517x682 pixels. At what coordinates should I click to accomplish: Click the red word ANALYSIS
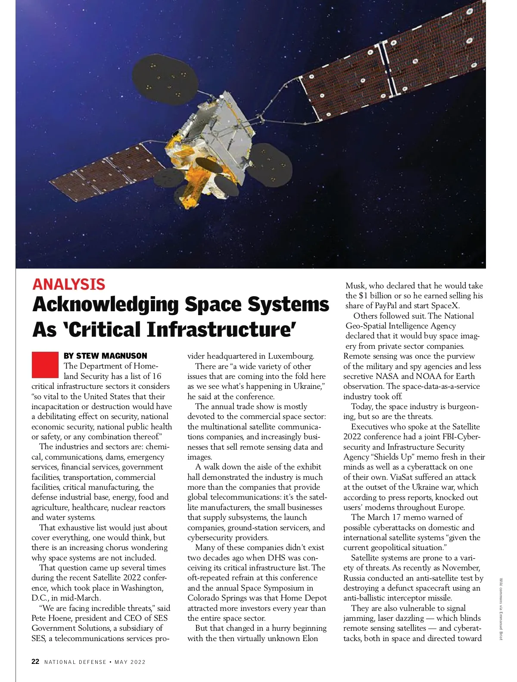click(69, 284)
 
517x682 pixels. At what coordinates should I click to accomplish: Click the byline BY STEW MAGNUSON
click(105, 356)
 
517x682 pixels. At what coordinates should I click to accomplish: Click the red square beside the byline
click(45, 364)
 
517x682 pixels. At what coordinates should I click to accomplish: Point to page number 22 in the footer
click(35, 662)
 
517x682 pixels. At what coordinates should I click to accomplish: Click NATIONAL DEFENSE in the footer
click(75, 662)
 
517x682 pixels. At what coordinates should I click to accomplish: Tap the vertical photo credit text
click(501, 609)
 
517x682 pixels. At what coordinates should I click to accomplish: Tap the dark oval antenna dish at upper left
click(166, 80)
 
